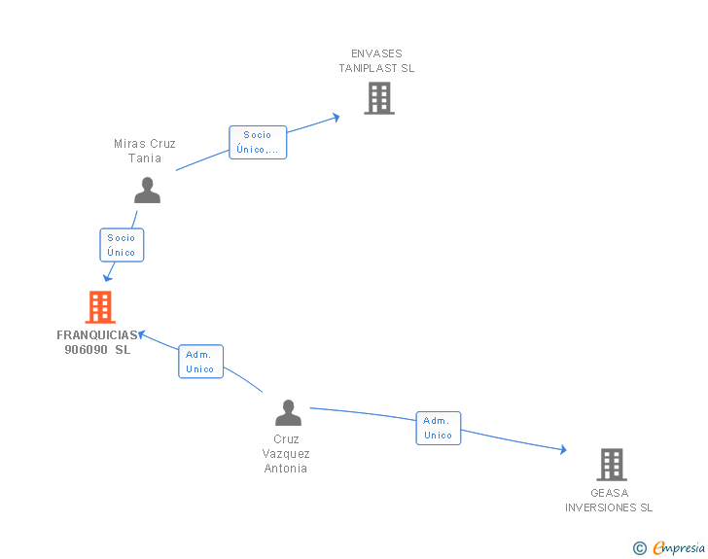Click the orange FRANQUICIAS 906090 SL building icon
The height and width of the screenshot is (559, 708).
pyautogui.click(x=100, y=307)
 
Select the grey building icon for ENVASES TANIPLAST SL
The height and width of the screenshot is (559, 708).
pyautogui.click(x=379, y=98)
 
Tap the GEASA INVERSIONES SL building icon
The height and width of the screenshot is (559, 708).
pyautogui.click(x=612, y=464)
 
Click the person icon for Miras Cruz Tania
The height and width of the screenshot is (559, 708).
pyautogui.click(x=147, y=191)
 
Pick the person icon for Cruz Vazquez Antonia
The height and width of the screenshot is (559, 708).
pyautogui.click(x=288, y=413)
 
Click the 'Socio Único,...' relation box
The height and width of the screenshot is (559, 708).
pyautogui.click(x=258, y=142)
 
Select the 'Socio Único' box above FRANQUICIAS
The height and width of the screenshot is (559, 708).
pyautogui.click(x=122, y=245)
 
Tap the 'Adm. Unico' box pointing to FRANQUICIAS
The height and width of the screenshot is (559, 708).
pyautogui.click(x=201, y=362)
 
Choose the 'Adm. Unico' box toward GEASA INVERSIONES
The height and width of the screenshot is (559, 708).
pyautogui.click(x=439, y=428)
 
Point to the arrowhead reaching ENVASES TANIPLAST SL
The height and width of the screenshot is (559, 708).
pyautogui.click(x=336, y=118)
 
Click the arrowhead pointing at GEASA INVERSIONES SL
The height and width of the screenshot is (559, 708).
pyautogui.click(x=563, y=449)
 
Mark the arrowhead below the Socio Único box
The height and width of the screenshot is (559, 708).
pyautogui.click(x=107, y=278)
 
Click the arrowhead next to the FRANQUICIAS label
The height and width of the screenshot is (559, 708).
pyautogui.click(x=141, y=334)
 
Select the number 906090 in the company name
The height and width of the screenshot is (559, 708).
pyautogui.click(x=86, y=349)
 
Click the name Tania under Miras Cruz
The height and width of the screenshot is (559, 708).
pyautogui.click(x=145, y=158)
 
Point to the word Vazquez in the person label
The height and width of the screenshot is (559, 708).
pyautogui.click(x=286, y=454)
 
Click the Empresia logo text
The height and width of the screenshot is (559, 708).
pyautogui.click(x=679, y=547)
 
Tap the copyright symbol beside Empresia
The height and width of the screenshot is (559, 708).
pyautogui.click(x=640, y=548)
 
